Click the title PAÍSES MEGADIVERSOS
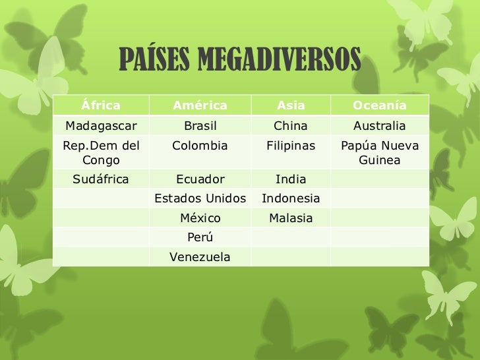240,61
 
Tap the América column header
200,105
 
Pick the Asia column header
291,105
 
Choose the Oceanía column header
379,105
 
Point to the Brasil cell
200,126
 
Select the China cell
291,126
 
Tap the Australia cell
379,126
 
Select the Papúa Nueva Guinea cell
379,152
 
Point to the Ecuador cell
200,179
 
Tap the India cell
291,179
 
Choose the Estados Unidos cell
200,198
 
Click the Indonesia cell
291,198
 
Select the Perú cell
200,237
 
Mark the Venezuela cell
200,257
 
